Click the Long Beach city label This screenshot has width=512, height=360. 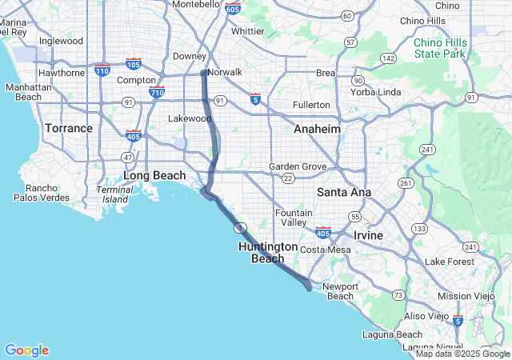click(x=154, y=176)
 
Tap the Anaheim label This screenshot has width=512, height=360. click(x=317, y=129)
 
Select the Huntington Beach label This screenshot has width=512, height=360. click(x=267, y=253)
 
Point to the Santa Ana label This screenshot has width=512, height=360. click(x=343, y=192)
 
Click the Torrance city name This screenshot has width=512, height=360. click(x=69, y=128)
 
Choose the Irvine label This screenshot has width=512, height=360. click(x=369, y=236)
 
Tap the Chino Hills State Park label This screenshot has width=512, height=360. click(x=439, y=48)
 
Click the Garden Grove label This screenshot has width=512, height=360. click(x=298, y=166)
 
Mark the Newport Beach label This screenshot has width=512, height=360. click(x=340, y=291)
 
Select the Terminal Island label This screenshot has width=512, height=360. click(x=114, y=194)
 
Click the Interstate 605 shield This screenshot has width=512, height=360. click(x=233, y=8)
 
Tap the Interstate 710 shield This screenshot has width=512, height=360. click(x=157, y=92)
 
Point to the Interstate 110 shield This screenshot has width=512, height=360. click(x=102, y=70)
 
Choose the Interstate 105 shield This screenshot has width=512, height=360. click(x=134, y=63)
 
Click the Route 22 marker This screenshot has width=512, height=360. click(x=288, y=178)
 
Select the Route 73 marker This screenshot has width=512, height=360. click(x=398, y=295)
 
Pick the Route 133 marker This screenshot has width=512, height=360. click(x=418, y=229)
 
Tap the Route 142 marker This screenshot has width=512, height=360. click(x=389, y=58)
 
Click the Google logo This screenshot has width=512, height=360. click(x=26, y=350)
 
